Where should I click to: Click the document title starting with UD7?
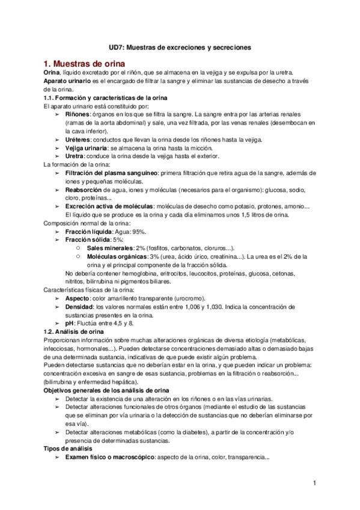coord(180,46)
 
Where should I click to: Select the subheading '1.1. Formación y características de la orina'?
coord(105,97)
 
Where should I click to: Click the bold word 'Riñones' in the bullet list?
coord(78,114)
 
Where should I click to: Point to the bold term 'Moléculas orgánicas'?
coord(117,256)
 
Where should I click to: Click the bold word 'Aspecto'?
coord(78,298)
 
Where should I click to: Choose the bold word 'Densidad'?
coord(80,307)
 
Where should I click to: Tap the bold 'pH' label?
coord(69,323)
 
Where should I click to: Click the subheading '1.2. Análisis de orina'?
coord(75,331)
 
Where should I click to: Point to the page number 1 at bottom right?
coord(314,483)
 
